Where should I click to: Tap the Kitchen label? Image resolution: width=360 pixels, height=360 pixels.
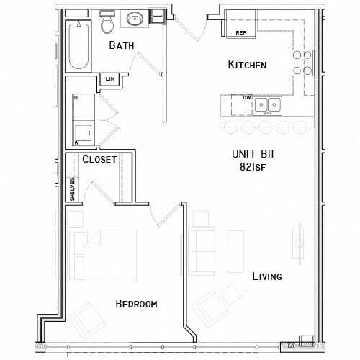tap(247, 66)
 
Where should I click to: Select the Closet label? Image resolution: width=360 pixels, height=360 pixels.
tap(99, 160)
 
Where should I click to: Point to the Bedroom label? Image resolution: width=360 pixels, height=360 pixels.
tap(136, 304)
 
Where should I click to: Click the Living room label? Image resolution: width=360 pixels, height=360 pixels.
tap(266, 276)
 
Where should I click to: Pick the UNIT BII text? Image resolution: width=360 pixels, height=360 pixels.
tap(251, 153)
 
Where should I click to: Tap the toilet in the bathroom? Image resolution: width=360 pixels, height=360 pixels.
tap(108, 24)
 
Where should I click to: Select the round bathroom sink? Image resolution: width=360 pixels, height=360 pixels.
tap(135, 20)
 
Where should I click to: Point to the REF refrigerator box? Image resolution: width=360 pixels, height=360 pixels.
tap(241, 33)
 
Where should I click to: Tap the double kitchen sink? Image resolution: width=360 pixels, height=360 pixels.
tap(266, 105)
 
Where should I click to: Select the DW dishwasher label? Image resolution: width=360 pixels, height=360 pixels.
tap(246, 97)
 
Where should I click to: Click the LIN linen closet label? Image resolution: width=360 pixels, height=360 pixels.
tap(110, 78)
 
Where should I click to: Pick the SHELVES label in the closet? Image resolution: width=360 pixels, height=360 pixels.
tap(72, 189)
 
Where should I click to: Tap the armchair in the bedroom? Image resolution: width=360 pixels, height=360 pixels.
tap(89, 318)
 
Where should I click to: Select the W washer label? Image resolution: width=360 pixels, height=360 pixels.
tap(76, 143)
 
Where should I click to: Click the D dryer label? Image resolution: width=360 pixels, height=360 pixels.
tap(76, 96)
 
